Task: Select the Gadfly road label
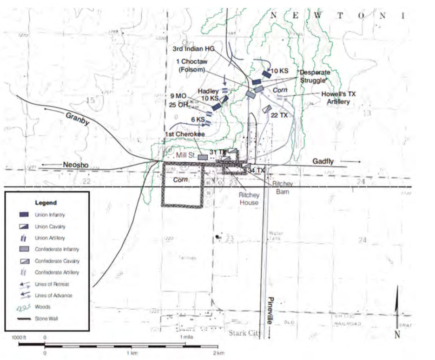coord(324,160)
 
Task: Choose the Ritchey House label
coord(249,199)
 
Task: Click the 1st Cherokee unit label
coord(185,134)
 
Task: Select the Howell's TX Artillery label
coord(338,97)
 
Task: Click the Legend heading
coord(46,203)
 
